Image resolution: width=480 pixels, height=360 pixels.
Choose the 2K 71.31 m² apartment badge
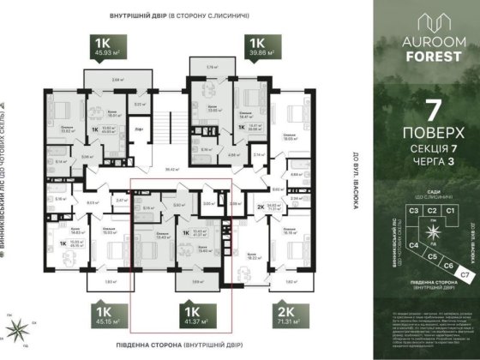pos(262,316)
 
